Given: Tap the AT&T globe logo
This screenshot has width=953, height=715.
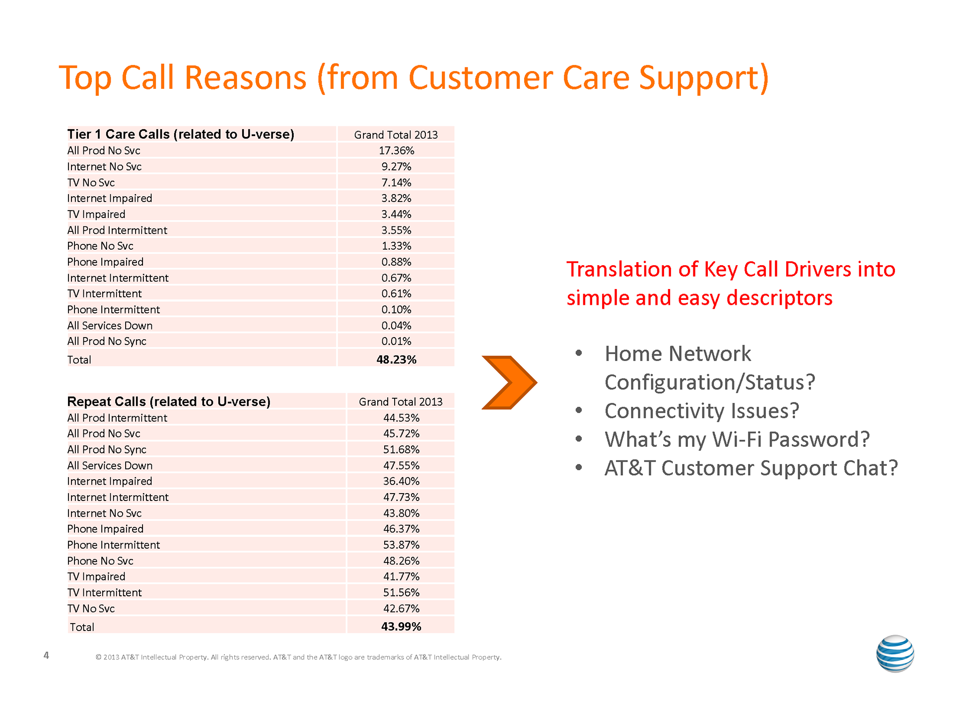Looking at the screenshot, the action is click(895, 653).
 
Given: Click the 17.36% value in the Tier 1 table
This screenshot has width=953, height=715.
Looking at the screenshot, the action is click(396, 150).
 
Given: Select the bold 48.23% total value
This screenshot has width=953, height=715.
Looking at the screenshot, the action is click(396, 359).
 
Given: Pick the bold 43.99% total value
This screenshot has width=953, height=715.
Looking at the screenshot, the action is click(401, 627).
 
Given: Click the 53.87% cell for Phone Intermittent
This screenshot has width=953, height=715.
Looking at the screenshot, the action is click(401, 545).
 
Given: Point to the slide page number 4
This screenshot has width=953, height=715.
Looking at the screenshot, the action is click(46, 655).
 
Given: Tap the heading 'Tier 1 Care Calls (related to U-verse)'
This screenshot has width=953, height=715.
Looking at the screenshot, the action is click(181, 134).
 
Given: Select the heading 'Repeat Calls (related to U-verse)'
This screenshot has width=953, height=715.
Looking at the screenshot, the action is click(169, 401).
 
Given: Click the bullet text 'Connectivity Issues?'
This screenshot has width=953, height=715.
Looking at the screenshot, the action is click(702, 411).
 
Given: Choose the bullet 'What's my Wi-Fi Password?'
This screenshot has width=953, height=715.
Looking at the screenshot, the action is click(737, 439).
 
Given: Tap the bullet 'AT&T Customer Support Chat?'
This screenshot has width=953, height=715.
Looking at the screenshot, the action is click(751, 468).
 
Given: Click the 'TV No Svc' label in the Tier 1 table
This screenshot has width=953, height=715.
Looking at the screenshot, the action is click(91, 183).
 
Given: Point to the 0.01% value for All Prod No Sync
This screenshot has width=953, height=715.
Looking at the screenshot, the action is click(396, 341).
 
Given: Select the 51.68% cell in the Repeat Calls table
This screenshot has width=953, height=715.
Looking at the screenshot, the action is click(401, 449).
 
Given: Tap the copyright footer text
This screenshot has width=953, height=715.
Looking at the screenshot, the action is click(298, 657).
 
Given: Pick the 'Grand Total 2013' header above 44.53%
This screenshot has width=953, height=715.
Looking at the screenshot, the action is click(401, 402).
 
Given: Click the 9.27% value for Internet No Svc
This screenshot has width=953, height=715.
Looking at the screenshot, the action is click(396, 166).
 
